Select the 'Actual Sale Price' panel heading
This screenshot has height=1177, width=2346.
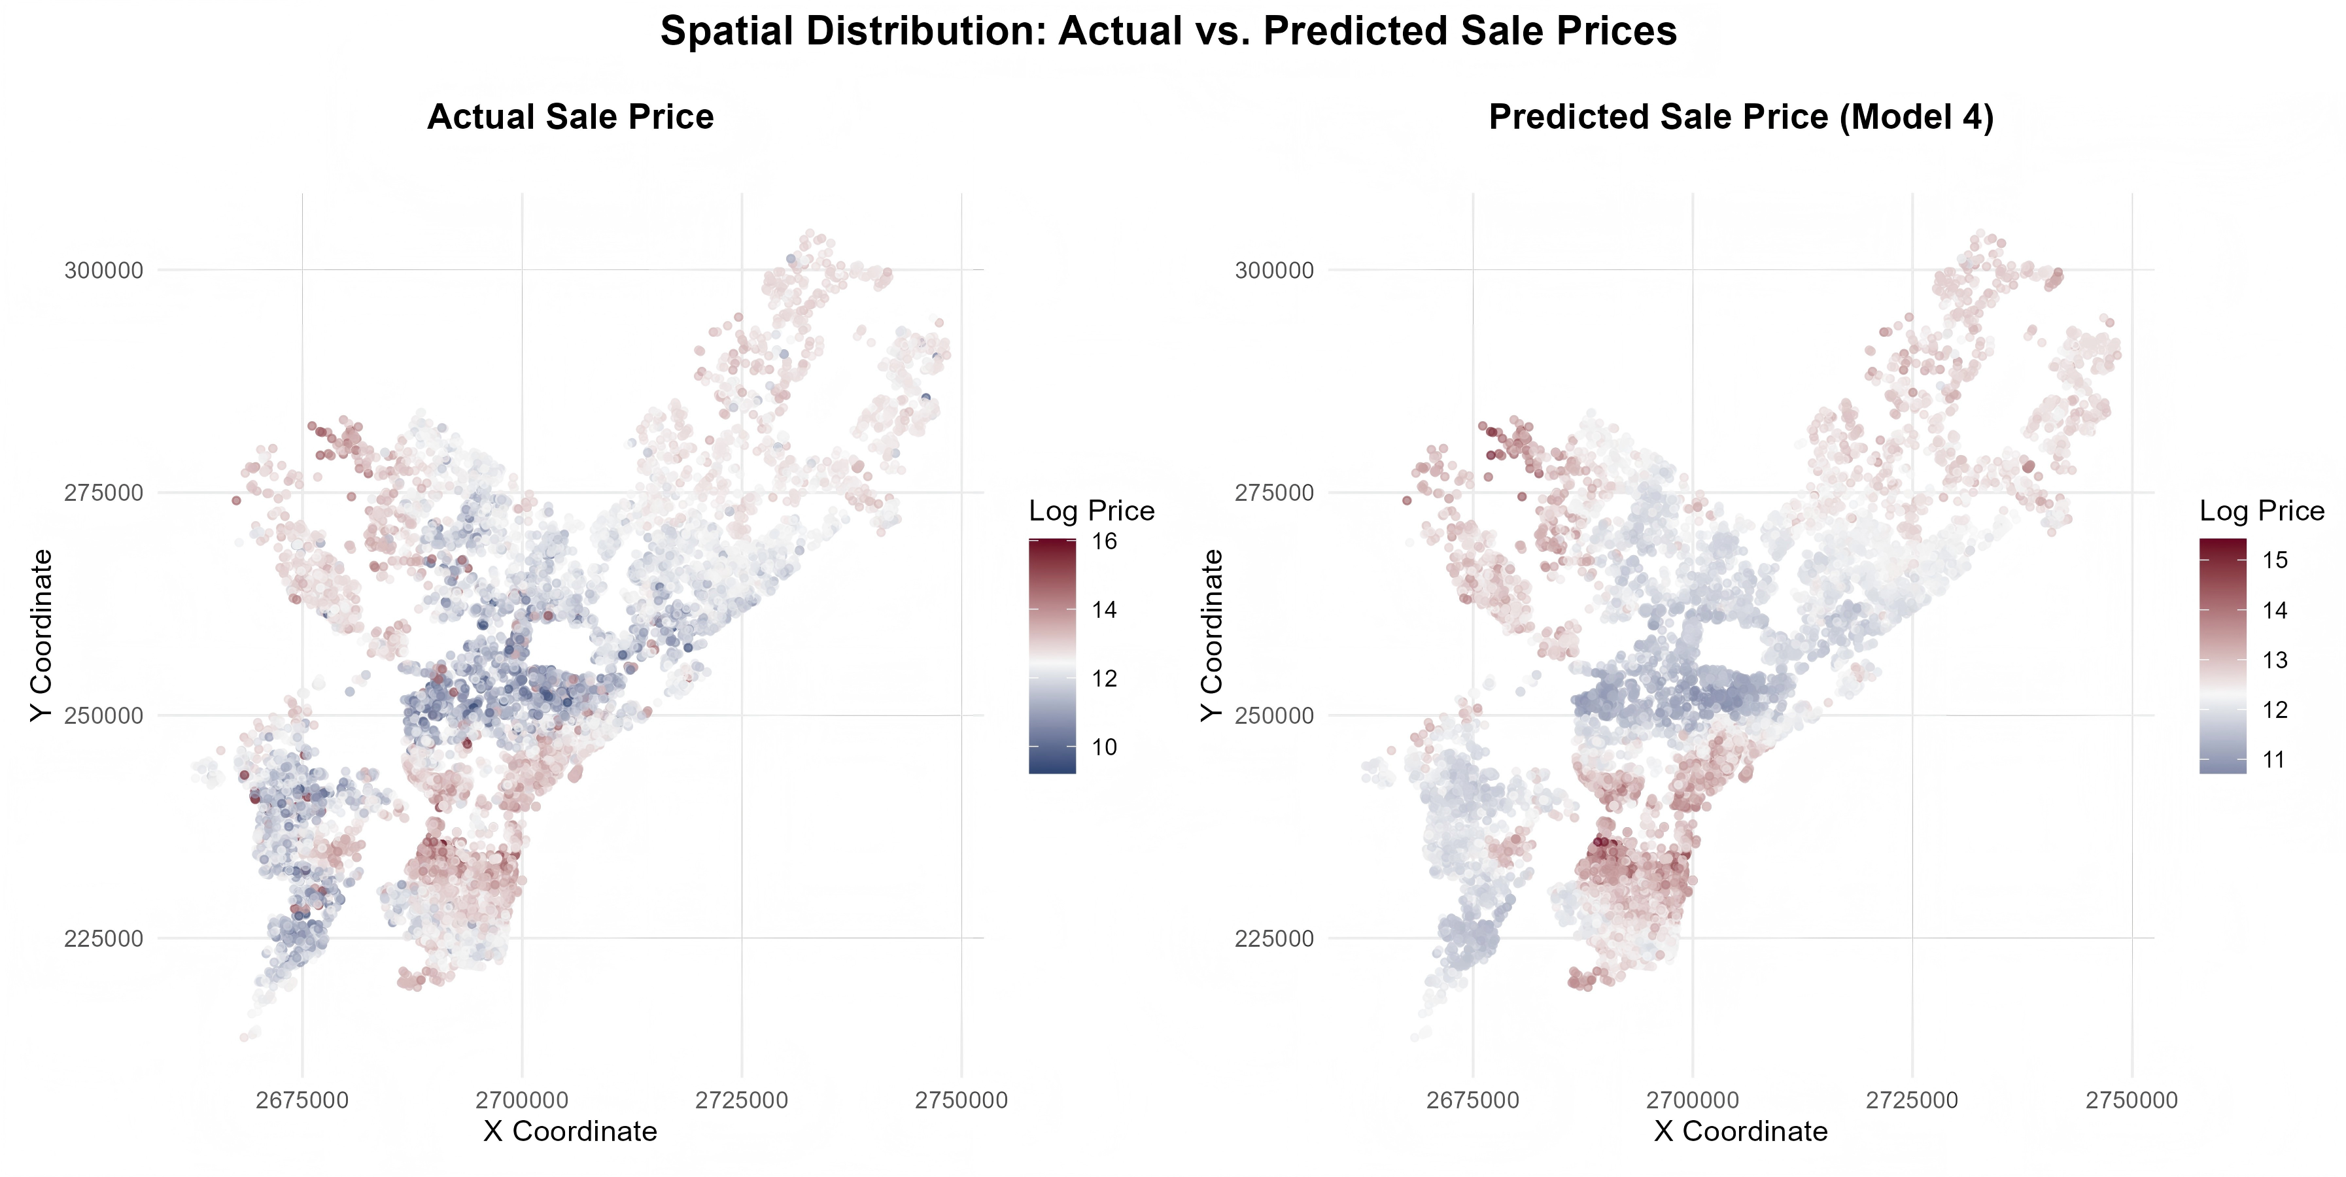point(570,118)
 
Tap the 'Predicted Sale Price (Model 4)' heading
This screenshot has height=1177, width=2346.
point(1740,118)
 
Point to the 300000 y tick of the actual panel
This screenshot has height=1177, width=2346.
point(104,270)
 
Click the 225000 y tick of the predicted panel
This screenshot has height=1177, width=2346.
point(1274,938)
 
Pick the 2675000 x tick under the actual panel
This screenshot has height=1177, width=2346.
point(302,1100)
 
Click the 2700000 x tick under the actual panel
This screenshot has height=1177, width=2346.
point(522,1100)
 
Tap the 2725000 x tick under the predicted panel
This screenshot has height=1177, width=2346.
point(1912,1100)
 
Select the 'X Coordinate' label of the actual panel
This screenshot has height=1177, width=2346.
point(570,1131)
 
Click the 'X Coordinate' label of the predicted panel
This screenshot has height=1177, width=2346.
point(1740,1131)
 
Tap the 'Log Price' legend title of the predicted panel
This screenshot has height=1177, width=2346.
point(2262,511)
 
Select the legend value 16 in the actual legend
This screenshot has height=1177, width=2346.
point(1104,541)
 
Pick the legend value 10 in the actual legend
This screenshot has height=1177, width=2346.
point(1104,747)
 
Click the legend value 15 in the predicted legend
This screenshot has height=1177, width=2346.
point(2274,560)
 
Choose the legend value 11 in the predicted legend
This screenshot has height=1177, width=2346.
point(2274,760)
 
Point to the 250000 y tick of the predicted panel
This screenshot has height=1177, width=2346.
point(1274,715)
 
